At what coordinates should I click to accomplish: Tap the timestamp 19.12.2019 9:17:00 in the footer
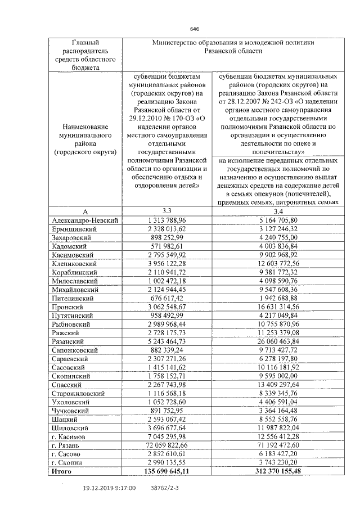109,489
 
